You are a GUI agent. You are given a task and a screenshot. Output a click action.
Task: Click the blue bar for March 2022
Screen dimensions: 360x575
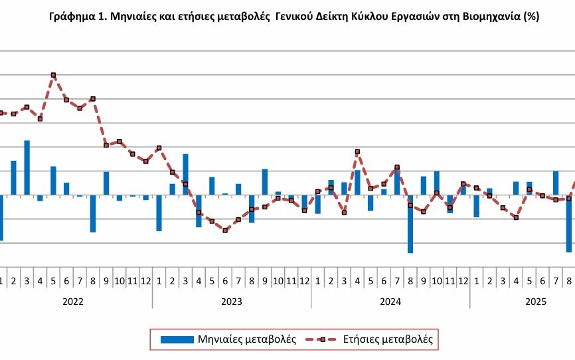(27, 167)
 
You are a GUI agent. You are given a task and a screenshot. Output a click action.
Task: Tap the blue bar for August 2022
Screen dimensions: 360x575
(93, 213)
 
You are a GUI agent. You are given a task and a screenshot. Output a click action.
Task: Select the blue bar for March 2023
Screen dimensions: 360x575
(185, 174)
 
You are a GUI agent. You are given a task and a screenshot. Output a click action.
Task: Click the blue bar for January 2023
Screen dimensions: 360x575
(159, 213)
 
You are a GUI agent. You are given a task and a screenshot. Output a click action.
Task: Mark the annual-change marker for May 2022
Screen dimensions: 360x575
(53, 75)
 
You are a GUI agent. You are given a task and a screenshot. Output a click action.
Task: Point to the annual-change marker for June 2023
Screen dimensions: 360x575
(225, 230)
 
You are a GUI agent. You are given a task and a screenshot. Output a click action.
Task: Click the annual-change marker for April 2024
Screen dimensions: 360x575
(357, 151)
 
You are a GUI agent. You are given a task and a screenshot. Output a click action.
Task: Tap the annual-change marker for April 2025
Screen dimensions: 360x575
(516, 217)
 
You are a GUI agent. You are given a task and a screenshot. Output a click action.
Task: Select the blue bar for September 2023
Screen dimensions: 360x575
(265, 181)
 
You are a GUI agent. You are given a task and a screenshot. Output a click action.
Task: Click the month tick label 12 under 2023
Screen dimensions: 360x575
(304, 281)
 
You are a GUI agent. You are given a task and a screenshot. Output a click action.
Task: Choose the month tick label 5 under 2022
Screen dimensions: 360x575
(53, 281)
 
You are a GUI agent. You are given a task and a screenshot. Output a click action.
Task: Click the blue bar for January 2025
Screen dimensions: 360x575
(476, 206)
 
